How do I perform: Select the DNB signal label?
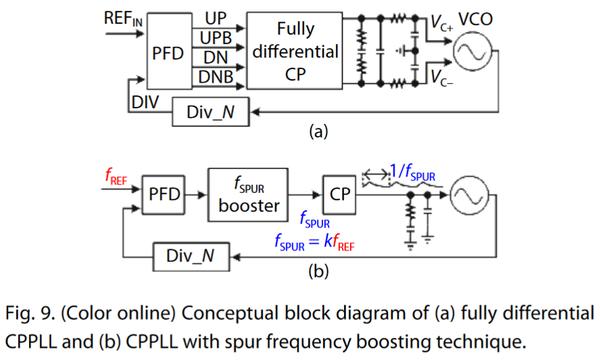(x=215, y=77)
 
